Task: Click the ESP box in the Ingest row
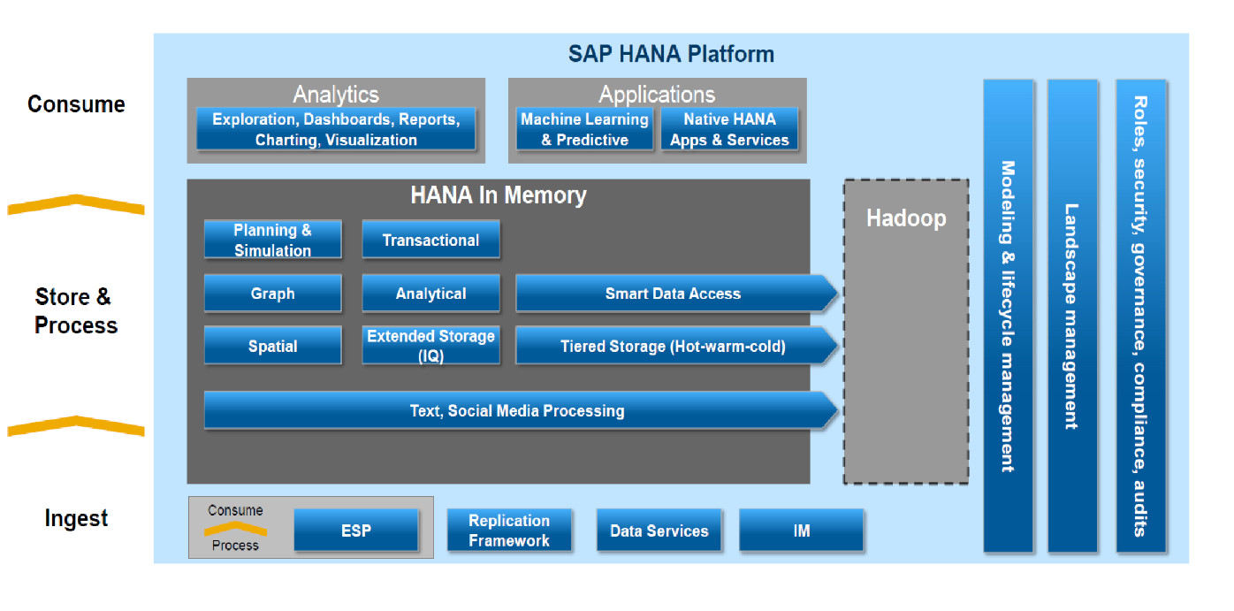pos(356,530)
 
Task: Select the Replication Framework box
pos(509,530)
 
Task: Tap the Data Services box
pos(659,530)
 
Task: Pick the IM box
pos(801,530)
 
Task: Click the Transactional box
pos(430,240)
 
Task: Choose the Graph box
pos(272,293)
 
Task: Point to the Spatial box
pos(272,346)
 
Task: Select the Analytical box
pos(430,293)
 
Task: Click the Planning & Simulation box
pos(272,240)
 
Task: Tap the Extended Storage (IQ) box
pos(430,346)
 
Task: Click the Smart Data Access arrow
pos(676,293)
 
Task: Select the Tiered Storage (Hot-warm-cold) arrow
pos(676,346)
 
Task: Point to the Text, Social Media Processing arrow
pos(521,410)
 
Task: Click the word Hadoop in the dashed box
pos(906,218)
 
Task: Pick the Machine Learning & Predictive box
pos(584,129)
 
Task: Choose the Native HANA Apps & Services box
pos(729,129)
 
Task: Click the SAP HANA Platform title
pos(671,54)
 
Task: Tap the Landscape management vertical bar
pos(1072,316)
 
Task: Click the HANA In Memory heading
pos(499,195)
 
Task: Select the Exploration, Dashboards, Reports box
pos(336,129)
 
